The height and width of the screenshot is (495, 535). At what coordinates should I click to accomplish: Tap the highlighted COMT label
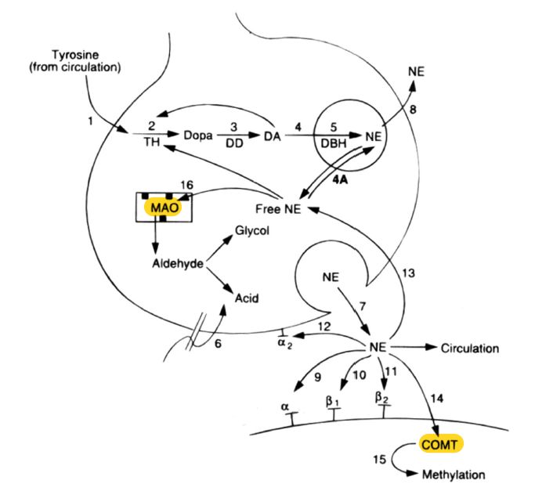441,444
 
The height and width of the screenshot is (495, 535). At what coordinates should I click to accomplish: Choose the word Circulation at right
469,348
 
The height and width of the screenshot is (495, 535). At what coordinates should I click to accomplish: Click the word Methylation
454,475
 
